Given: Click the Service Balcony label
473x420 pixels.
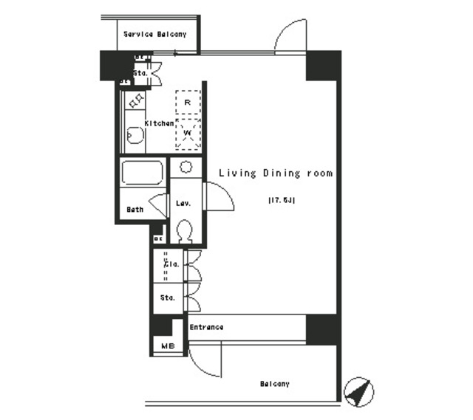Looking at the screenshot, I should [x=154, y=34].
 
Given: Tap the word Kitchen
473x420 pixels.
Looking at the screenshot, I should [x=159, y=123].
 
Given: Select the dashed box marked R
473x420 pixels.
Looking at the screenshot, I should [x=188, y=102].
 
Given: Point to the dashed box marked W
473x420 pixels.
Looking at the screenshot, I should [x=188, y=134].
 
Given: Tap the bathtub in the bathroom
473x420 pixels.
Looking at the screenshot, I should [x=143, y=175].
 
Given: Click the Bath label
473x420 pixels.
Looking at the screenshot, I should [x=135, y=210].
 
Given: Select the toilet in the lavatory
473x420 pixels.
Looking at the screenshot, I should [x=186, y=231].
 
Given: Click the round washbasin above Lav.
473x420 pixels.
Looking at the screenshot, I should [x=186, y=166].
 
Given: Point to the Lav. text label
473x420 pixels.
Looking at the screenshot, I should [x=183, y=203].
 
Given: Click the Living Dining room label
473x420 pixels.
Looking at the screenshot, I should [x=275, y=173].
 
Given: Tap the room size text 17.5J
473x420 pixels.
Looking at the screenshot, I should [x=281, y=200].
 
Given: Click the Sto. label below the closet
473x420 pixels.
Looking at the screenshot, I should [x=168, y=298].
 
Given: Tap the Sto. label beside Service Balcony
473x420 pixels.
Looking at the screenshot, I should [x=140, y=74].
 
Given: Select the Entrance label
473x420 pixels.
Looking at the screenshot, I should [x=206, y=327].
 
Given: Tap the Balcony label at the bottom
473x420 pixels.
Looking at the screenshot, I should [x=274, y=384].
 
